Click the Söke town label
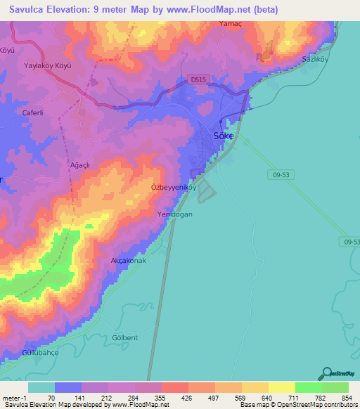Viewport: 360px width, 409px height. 224,136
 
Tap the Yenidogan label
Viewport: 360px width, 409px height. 174,216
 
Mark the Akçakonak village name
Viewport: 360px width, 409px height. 129,261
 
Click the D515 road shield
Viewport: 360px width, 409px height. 198,79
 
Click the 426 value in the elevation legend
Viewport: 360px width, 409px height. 188,397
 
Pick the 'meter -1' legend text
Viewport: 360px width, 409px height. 13,397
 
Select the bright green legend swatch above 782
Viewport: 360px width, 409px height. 308,387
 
